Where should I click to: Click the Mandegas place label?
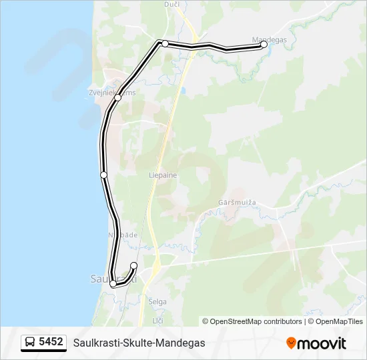coord(270,39)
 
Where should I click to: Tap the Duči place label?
coord(171,4)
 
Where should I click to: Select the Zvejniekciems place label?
coord(112,93)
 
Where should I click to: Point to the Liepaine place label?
coord(163,175)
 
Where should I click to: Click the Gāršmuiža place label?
coord(238,202)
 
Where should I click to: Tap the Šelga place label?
coord(158,302)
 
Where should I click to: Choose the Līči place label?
coord(158,321)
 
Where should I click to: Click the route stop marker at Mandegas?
coord(264,45)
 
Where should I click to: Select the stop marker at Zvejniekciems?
coord(118,97)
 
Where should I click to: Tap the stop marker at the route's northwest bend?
coord(165,43)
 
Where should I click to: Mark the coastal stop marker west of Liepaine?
coord(103,175)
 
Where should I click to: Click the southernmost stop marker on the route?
coord(113,284)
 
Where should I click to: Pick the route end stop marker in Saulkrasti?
coord(133,266)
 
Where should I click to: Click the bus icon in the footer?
coord(30,343)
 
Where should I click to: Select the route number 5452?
coord(51,342)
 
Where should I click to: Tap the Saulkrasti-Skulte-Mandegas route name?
coord(139,343)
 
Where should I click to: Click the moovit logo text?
coord(322,343)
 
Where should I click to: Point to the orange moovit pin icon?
coord(291,343)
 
